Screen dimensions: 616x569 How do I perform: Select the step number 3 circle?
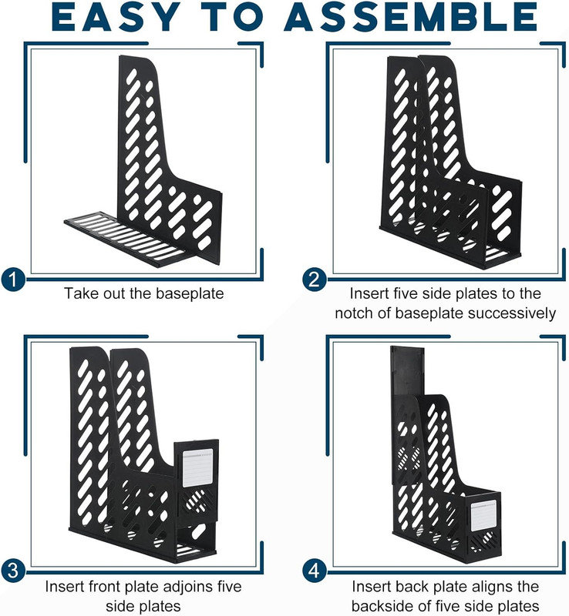(x=13, y=571)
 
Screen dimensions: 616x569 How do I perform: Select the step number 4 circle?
(x=315, y=571)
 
